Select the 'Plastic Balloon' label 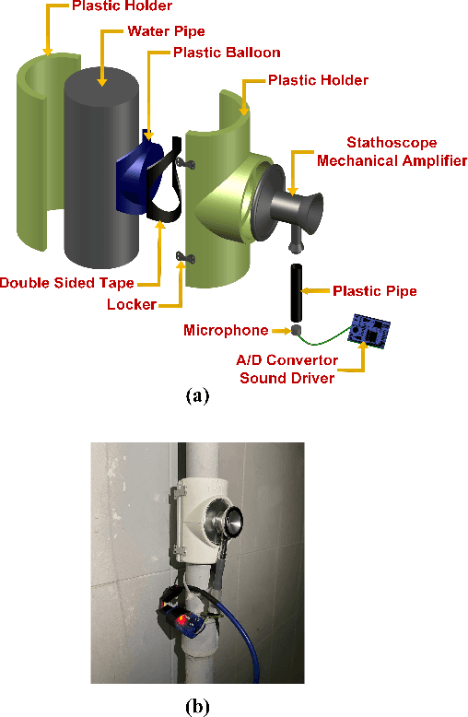click(226, 53)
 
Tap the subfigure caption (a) click(197, 396)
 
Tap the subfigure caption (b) click(197, 706)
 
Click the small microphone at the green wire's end click(296, 330)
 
